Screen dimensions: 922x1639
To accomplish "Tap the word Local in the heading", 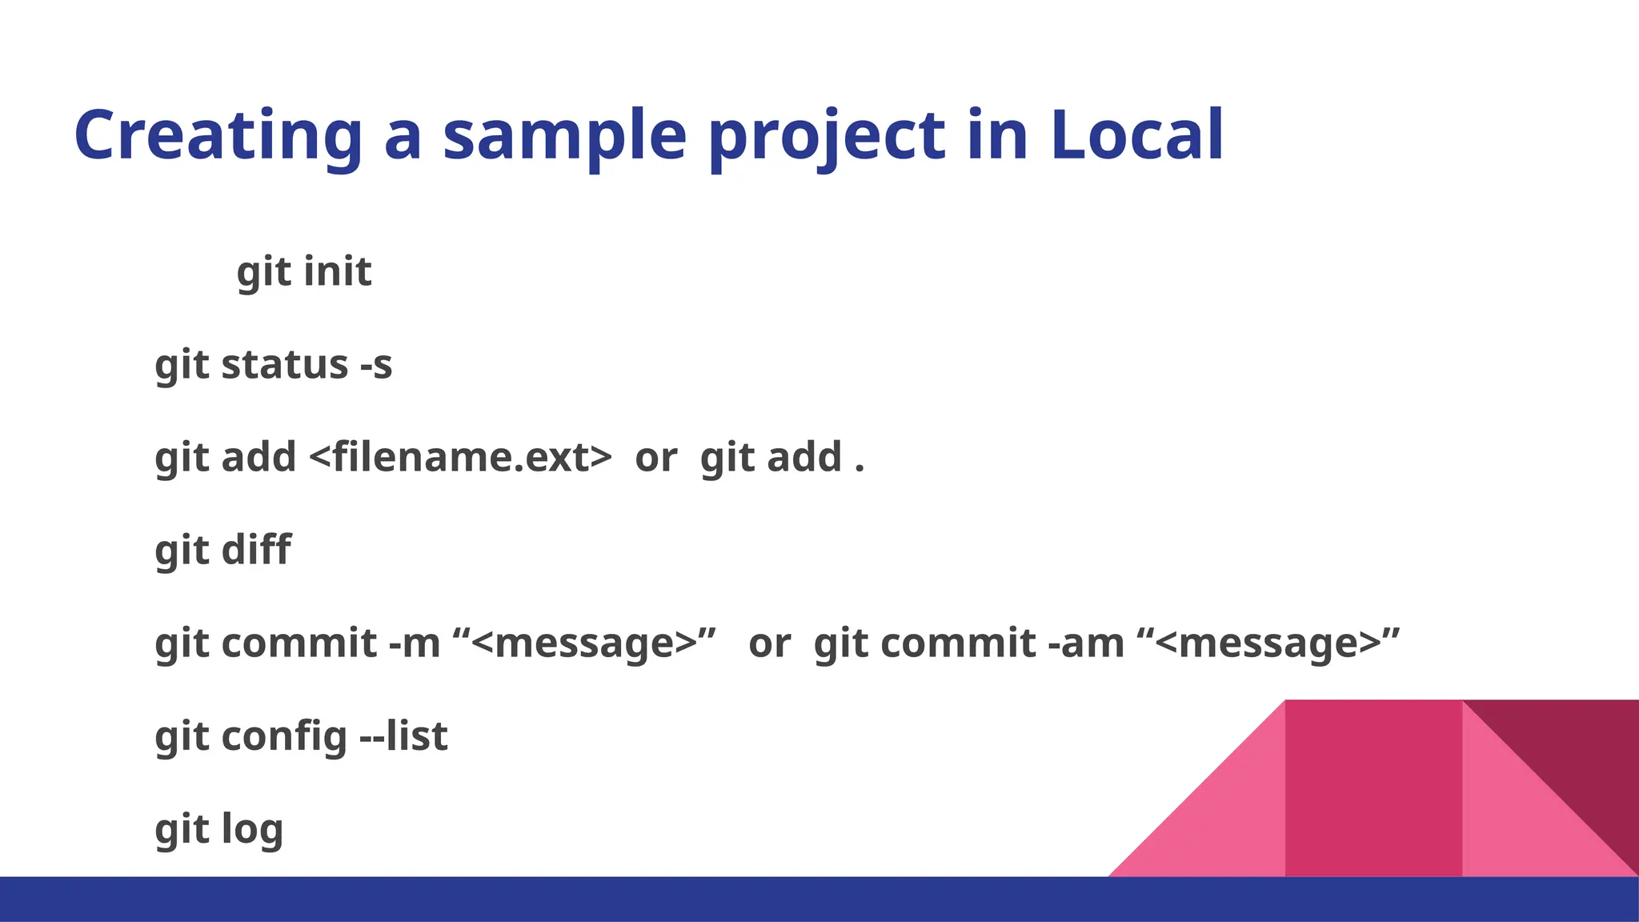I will click(1136, 136).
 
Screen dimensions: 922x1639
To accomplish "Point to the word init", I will click(338, 271).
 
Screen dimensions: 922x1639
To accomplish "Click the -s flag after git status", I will click(376, 365).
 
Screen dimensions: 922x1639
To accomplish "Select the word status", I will click(285, 365).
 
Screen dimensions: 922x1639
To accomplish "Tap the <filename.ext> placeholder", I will click(460, 458).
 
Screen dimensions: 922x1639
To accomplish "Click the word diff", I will click(256, 551).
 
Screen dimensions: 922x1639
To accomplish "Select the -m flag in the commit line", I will click(415, 643).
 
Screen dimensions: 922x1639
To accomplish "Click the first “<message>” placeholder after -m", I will click(584, 643).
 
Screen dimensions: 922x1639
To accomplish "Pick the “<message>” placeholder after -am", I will click(1268, 643).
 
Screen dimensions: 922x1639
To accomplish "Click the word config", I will click(284, 737).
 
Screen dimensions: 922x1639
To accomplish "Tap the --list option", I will click(403, 736).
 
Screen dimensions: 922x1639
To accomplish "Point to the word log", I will click(252, 830).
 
